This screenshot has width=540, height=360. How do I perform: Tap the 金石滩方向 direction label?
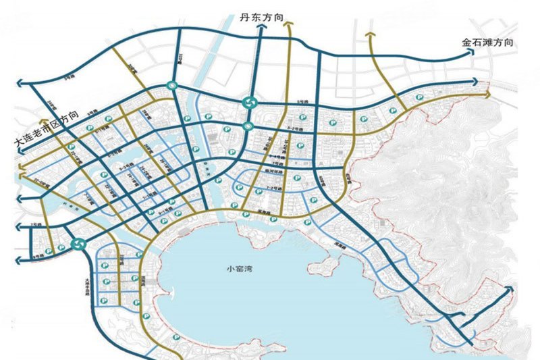(488, 42)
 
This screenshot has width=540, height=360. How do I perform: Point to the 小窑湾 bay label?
(240, 269)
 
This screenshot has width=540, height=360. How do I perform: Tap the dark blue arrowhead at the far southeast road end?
(510, 289)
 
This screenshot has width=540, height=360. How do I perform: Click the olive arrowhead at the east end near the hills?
(488, 95)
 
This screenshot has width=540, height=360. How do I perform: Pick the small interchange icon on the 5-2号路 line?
(248, 125)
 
